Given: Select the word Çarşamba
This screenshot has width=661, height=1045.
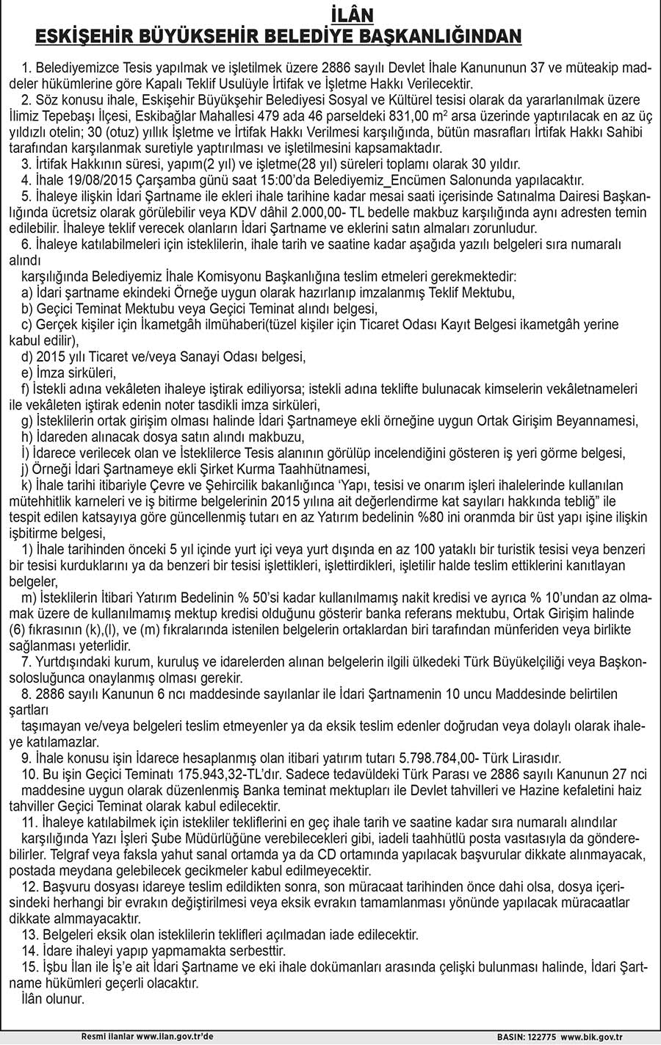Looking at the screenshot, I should [155, 179].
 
